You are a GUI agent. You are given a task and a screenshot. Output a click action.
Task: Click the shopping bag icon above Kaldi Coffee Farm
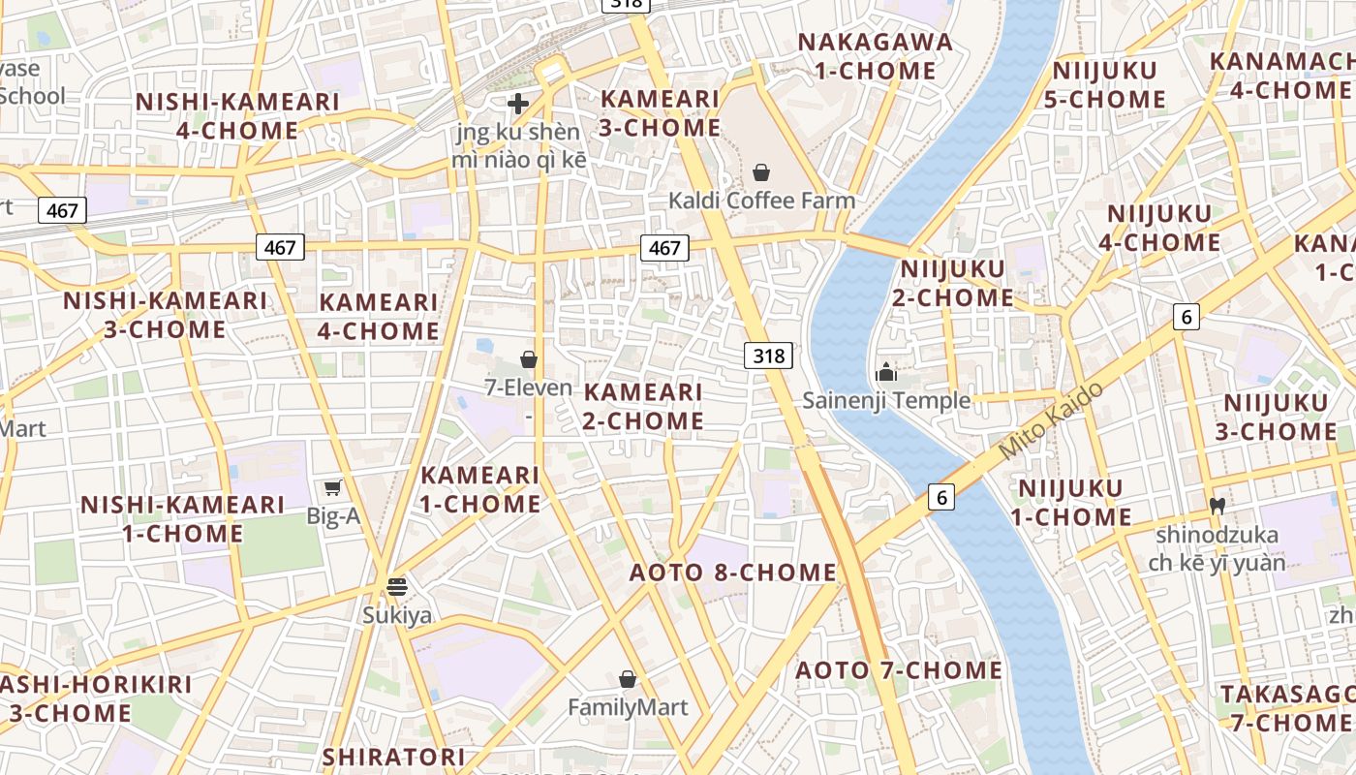[761, 172]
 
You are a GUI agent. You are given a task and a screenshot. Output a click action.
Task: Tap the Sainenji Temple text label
[886, 400]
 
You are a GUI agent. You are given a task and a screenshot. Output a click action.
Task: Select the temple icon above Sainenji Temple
[885, 372]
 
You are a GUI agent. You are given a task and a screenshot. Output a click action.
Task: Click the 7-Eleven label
[529, 387]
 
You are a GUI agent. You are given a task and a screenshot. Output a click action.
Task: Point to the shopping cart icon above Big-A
[333, 488]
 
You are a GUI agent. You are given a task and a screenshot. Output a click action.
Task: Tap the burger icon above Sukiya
[397, 586]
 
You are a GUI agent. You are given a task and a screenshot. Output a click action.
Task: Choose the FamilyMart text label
[628, 707]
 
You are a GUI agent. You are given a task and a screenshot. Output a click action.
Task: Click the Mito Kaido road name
[1051, 420]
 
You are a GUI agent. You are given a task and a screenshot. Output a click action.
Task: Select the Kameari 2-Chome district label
[643, 406]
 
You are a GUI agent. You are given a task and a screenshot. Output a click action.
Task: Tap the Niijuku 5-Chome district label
[1108, 85]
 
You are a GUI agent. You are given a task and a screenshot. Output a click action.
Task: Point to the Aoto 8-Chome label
[733, 573]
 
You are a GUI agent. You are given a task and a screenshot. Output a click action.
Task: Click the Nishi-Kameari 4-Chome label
[237, 116]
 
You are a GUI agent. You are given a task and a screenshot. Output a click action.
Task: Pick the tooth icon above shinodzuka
[1217, 506]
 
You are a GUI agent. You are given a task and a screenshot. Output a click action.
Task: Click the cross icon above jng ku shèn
[518, 104]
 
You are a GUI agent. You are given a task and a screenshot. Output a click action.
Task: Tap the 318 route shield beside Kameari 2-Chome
[769, 356]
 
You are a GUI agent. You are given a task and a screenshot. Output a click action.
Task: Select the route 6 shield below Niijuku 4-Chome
[1186, 316]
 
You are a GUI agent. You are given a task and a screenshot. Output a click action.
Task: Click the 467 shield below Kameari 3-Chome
[664, 248]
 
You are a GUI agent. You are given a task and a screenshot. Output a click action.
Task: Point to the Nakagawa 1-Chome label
[876, 56]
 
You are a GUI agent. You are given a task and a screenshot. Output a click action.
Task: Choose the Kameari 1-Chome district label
[480, 489]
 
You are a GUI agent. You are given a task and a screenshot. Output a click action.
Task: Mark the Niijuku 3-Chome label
[1276, 418]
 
